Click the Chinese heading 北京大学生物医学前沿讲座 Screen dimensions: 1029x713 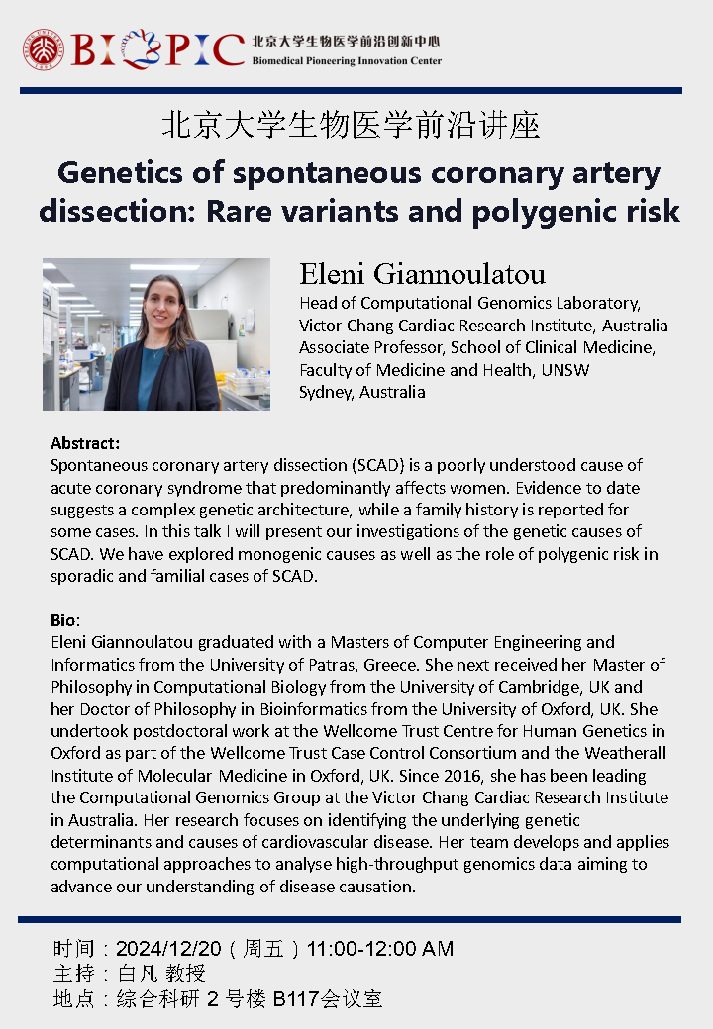click(x=351, y=126)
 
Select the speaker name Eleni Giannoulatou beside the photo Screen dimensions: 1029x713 click(x=422, y=274)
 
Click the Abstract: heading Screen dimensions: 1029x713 click(x=84, y=444)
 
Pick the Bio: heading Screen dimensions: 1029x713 click(x=64, y=620)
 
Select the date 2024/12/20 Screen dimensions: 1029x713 click(x=171, y=949)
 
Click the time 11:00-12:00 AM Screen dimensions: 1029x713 click(x=380, y=949)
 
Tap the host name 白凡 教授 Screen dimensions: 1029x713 click(x=161, y=974)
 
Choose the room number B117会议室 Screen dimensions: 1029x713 click(x=328, y=998)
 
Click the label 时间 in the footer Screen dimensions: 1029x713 click(x=71, y=949)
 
